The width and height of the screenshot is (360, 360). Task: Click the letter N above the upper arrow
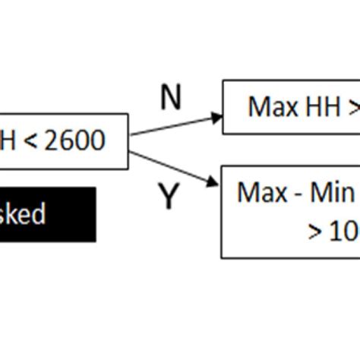pyautogui.click(x=172, y=99)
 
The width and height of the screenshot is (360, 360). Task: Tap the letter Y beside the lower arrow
pyautogui.click(x=168, y=197)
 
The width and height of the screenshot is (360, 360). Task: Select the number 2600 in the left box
pyautogui.click(x=74, y=141)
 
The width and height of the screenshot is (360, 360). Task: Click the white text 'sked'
pyautogui.click(x=23, y=214)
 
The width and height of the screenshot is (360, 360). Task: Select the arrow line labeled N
pyautogui.click(x=175, y=125)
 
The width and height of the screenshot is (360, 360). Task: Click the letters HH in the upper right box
pyautogui.click(x=320, y=107)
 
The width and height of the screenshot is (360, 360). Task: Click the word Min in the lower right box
pyautogui.click(x=334, y=192)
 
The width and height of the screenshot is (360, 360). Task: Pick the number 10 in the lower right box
pyautogui.click(x=344, y=231)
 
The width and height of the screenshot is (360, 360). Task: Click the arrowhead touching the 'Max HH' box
pyautogui.click(x=217, y=117)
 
